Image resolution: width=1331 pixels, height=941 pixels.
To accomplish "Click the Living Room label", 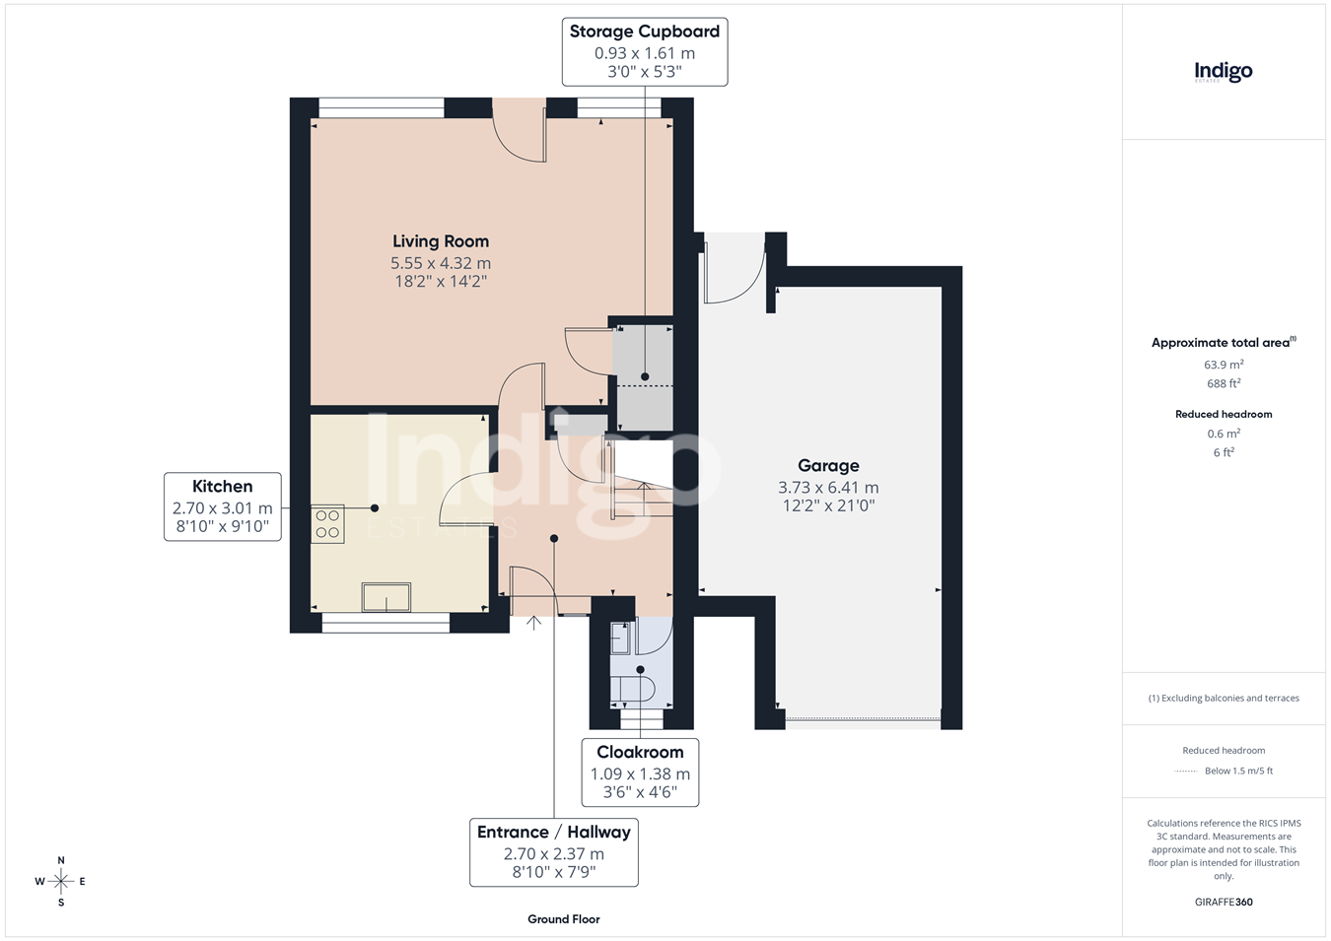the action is click(441, 241).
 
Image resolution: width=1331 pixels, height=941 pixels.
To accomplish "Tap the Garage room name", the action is click(828, 465).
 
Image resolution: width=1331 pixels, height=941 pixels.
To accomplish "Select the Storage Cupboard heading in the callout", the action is click(644, 32).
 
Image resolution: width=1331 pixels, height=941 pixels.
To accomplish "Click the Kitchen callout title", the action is click(222, 486).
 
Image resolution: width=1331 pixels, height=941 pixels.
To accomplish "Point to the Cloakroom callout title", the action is click(640, 752).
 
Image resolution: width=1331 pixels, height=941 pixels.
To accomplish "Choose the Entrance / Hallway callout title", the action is click(554, 833).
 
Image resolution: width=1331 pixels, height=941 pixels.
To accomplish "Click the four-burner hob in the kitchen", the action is click(327, 523).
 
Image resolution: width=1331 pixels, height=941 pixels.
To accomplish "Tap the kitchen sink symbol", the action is click(386, 597).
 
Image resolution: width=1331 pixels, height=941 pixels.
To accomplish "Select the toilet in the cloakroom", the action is click(633, 690).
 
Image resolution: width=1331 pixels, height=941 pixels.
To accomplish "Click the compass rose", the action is click(60, 882).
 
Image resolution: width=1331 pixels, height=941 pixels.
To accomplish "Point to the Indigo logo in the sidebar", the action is click(1224, 73).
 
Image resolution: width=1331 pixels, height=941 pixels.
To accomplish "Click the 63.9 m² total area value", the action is click(1224, 365).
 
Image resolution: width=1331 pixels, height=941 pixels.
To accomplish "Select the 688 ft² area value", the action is click(1224, 383).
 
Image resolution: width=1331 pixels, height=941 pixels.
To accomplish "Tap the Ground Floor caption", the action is click(564, 919).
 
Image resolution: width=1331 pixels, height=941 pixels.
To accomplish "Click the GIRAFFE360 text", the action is click(1224, 902).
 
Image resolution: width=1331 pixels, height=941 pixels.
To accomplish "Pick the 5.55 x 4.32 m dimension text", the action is click(441, 263).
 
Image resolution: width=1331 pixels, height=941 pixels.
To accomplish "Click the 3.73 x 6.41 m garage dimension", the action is click(828, 488).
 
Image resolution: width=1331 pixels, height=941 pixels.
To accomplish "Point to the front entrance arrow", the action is click(533, 623).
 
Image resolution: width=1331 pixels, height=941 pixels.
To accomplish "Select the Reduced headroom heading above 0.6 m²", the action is click(1224, 415).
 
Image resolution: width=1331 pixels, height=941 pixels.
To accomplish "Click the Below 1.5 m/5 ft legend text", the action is click(1238, 771).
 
